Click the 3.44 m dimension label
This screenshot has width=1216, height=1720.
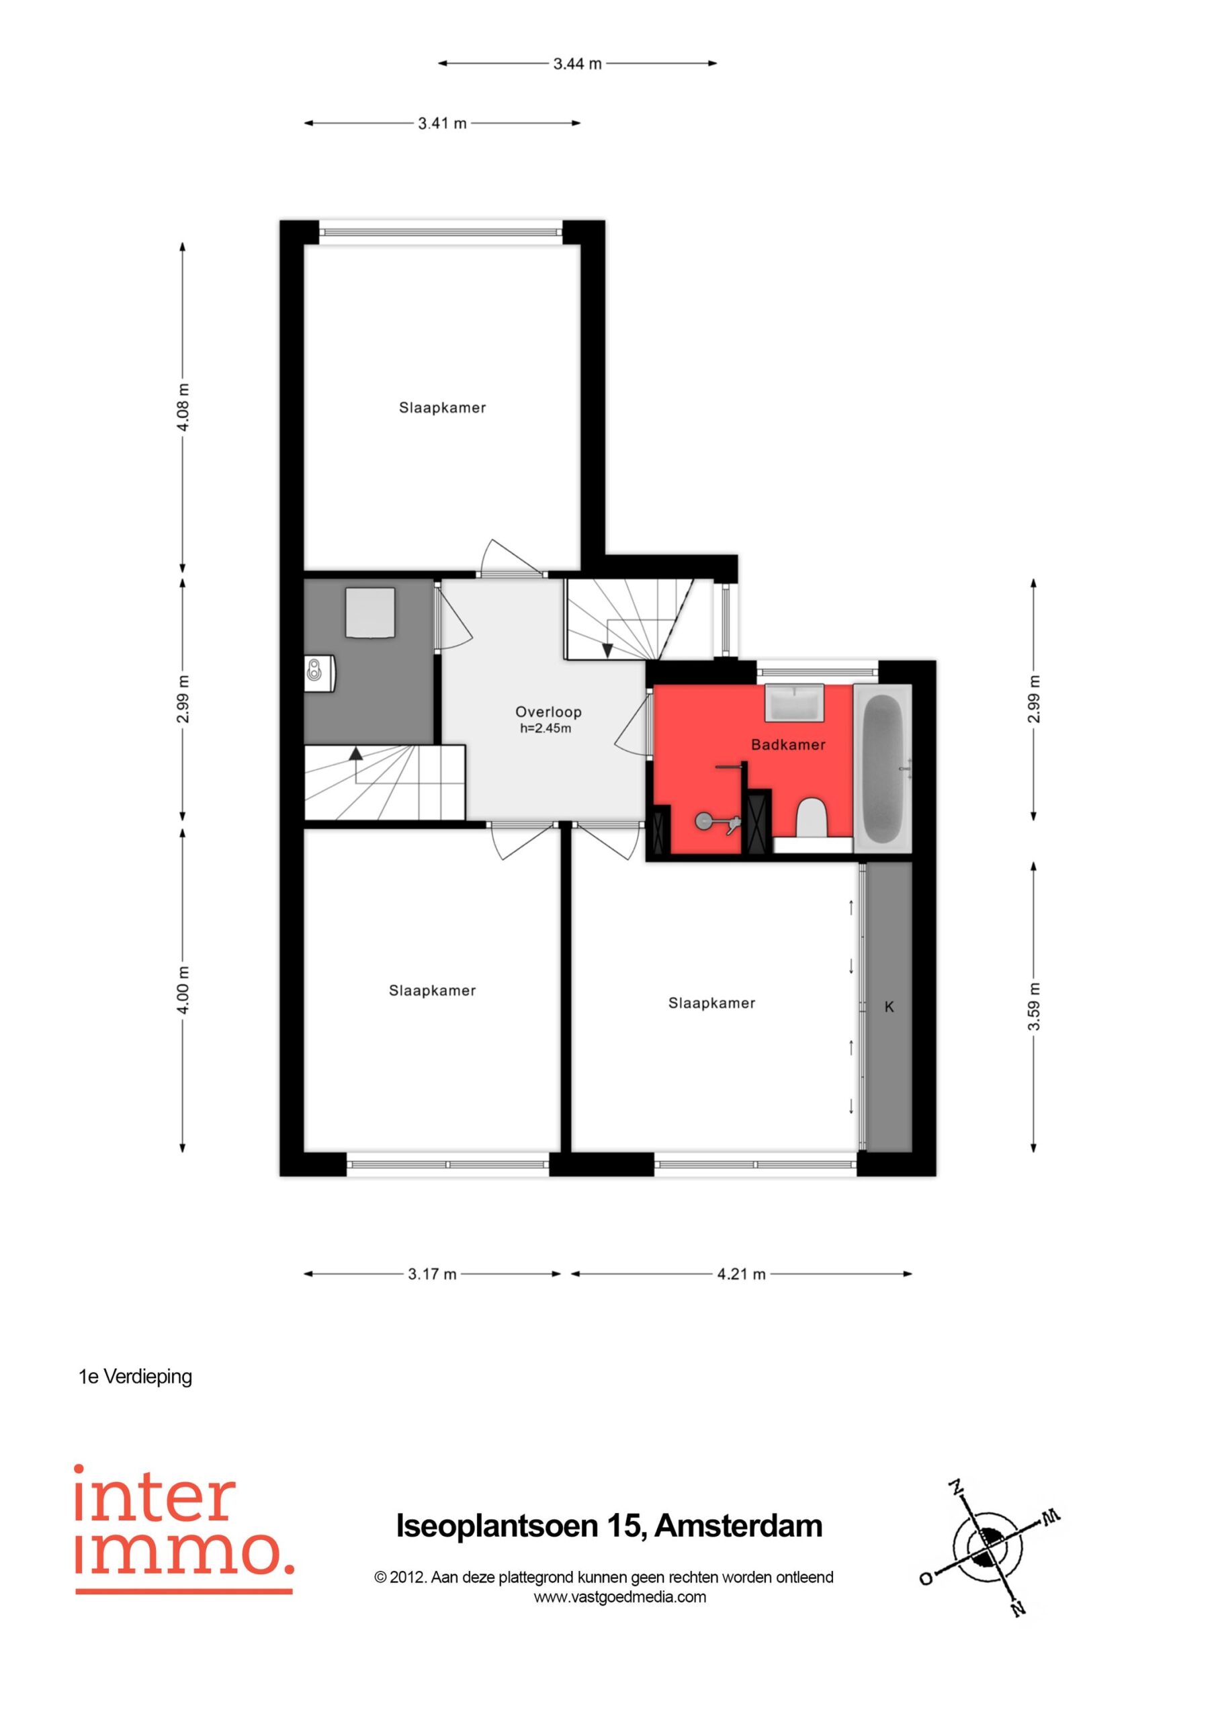pos(578,64)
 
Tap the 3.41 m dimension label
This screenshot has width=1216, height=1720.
pos(442,123)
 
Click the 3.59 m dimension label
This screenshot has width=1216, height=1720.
pos(1034,1006)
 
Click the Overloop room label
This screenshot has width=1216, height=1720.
pos(548,712)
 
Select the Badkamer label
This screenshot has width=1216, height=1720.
pos(788,744)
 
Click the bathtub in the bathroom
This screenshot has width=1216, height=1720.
pos(883,767)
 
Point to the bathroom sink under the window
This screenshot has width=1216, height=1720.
pos(793,703)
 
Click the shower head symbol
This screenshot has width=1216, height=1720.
pos(704,822)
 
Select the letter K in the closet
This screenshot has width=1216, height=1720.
pos(889,1008)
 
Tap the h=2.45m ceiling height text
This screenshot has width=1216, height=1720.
pos(546,728)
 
